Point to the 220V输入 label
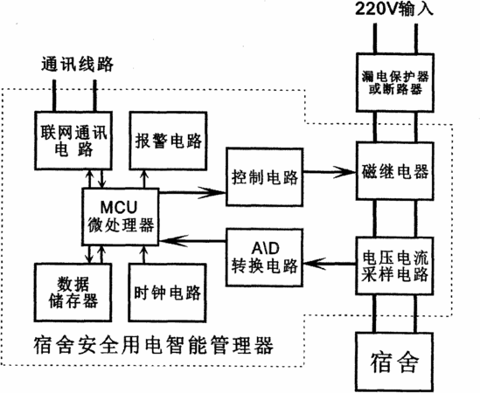click(x=394, y=9)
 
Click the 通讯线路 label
click(x=77, y=64)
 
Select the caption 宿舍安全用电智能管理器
click(x=153, y=345)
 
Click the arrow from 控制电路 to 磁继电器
click(x=330, y=172)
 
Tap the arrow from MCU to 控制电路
click(x=192, y=192)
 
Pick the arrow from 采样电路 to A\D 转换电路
click(x=330, y=264)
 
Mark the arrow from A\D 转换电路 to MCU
click(x=192, y=241)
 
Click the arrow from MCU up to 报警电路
click(x=144, y=179)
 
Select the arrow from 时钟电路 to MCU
click(x=144, y=254)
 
